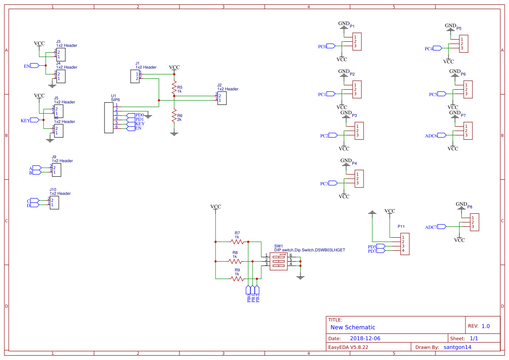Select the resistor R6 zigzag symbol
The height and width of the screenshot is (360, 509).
(x=174, y=116)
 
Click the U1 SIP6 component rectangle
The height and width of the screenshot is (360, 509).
(x=108, y=118)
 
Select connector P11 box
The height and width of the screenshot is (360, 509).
(x=405, y=244)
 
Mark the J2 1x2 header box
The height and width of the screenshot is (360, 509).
(x=222, y=98)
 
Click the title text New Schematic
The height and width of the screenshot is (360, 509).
(x=353, y=327)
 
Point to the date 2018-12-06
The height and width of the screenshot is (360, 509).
(x=365, y=338)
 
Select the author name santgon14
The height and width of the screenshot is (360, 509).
(x=457, y=347)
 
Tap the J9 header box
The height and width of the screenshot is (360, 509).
(x=57, y=170)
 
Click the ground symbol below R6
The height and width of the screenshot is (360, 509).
(x=174, y=134)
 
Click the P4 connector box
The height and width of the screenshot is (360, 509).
(x=359, y=178)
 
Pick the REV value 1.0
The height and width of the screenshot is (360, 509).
(x=485, y=326)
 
